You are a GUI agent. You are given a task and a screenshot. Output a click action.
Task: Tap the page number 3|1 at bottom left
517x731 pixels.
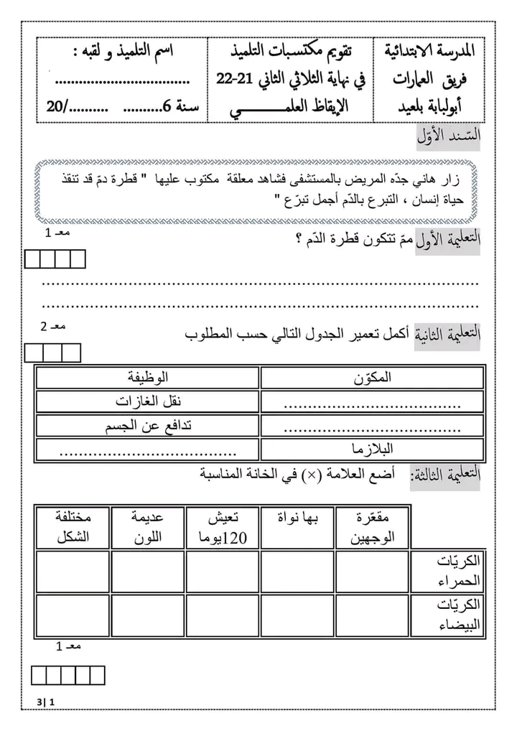point(45,702)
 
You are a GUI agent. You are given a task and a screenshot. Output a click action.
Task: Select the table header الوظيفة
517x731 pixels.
point(147,377)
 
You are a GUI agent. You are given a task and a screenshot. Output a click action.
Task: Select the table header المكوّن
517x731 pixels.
point(373,377)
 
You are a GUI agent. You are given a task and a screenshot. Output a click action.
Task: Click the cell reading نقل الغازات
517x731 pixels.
point(147,401)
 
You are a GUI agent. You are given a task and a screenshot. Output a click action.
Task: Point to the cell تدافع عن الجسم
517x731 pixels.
point(149,425)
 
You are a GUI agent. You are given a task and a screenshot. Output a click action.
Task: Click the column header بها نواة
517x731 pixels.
point(297,517)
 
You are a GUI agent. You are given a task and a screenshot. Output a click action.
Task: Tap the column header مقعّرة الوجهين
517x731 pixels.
point(372,527)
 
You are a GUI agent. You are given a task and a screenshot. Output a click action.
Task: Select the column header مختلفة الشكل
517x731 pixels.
point(72,527)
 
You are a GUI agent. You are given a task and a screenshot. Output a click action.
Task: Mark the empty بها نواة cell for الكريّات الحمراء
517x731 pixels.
point(297,571)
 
